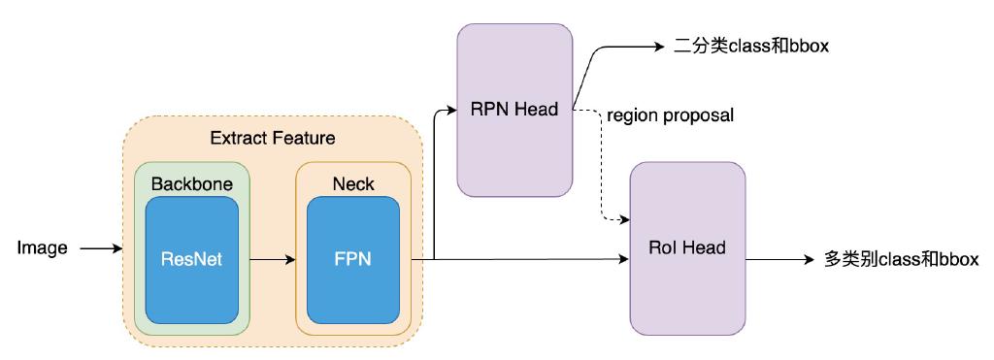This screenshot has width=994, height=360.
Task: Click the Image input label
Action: tap(43, 248)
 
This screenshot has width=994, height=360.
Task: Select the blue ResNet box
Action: tap(191, 260)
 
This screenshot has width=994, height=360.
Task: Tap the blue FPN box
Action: tap(353, 260)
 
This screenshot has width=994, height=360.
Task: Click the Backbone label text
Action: tap(191, 182)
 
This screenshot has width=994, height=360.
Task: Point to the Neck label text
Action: tap(353, 182)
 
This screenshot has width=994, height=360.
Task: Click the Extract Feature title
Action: tap(273, 139)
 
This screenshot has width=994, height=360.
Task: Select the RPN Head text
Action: tap(514, 110)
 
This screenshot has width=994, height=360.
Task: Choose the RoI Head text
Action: tap(687, 248)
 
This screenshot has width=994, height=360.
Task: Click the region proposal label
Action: tap(670, 116)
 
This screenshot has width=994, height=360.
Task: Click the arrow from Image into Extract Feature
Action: tap(101, 248)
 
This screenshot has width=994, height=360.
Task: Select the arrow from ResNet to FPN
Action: tap(273, 260)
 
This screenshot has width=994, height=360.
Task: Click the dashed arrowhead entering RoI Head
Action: tap(624, 219)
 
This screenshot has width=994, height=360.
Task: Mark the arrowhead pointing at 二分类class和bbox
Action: tap(657, 46)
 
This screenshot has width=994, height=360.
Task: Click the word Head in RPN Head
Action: tap(538, 110)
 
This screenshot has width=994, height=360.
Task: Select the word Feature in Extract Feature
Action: tap(305, 139)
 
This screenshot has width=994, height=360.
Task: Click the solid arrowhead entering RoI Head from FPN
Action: tap(624, 260)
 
